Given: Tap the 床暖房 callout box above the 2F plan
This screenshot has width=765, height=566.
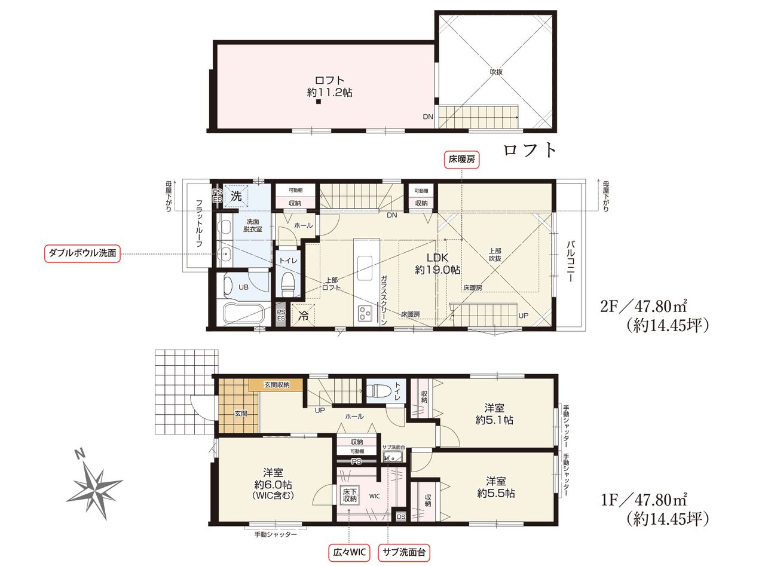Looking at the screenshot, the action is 461,160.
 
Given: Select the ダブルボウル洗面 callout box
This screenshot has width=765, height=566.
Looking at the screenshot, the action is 82,253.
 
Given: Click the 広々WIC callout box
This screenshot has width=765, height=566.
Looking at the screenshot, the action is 349,552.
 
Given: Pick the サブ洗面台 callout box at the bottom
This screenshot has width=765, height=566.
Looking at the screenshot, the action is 404,552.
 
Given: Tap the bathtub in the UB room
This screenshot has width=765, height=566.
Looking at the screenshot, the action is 243,314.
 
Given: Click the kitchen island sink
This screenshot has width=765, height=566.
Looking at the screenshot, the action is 365,264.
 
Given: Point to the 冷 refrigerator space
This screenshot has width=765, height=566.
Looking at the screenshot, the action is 303,315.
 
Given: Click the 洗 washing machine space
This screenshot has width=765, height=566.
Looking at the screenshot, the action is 236,197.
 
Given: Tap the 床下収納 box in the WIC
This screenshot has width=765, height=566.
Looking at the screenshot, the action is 349,495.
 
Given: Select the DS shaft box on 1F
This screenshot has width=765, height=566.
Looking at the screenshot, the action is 401,516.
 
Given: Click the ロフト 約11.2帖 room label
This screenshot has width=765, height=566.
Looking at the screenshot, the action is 330,87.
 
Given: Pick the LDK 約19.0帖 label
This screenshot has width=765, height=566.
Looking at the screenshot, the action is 437,264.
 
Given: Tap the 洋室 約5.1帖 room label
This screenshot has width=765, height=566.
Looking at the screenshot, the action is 494,414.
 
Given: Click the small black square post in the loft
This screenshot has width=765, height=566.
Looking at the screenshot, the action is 319,102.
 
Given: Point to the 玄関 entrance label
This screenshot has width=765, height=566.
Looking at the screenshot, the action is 241,413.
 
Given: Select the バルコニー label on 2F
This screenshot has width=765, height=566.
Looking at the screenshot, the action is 569,261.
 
